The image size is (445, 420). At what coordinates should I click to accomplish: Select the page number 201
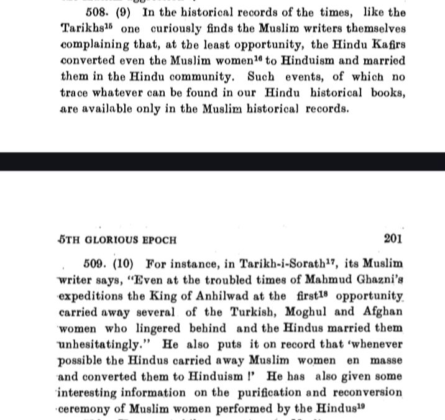[x=392, y=238]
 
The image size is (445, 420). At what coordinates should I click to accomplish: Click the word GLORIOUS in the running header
[x=101, y=239]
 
